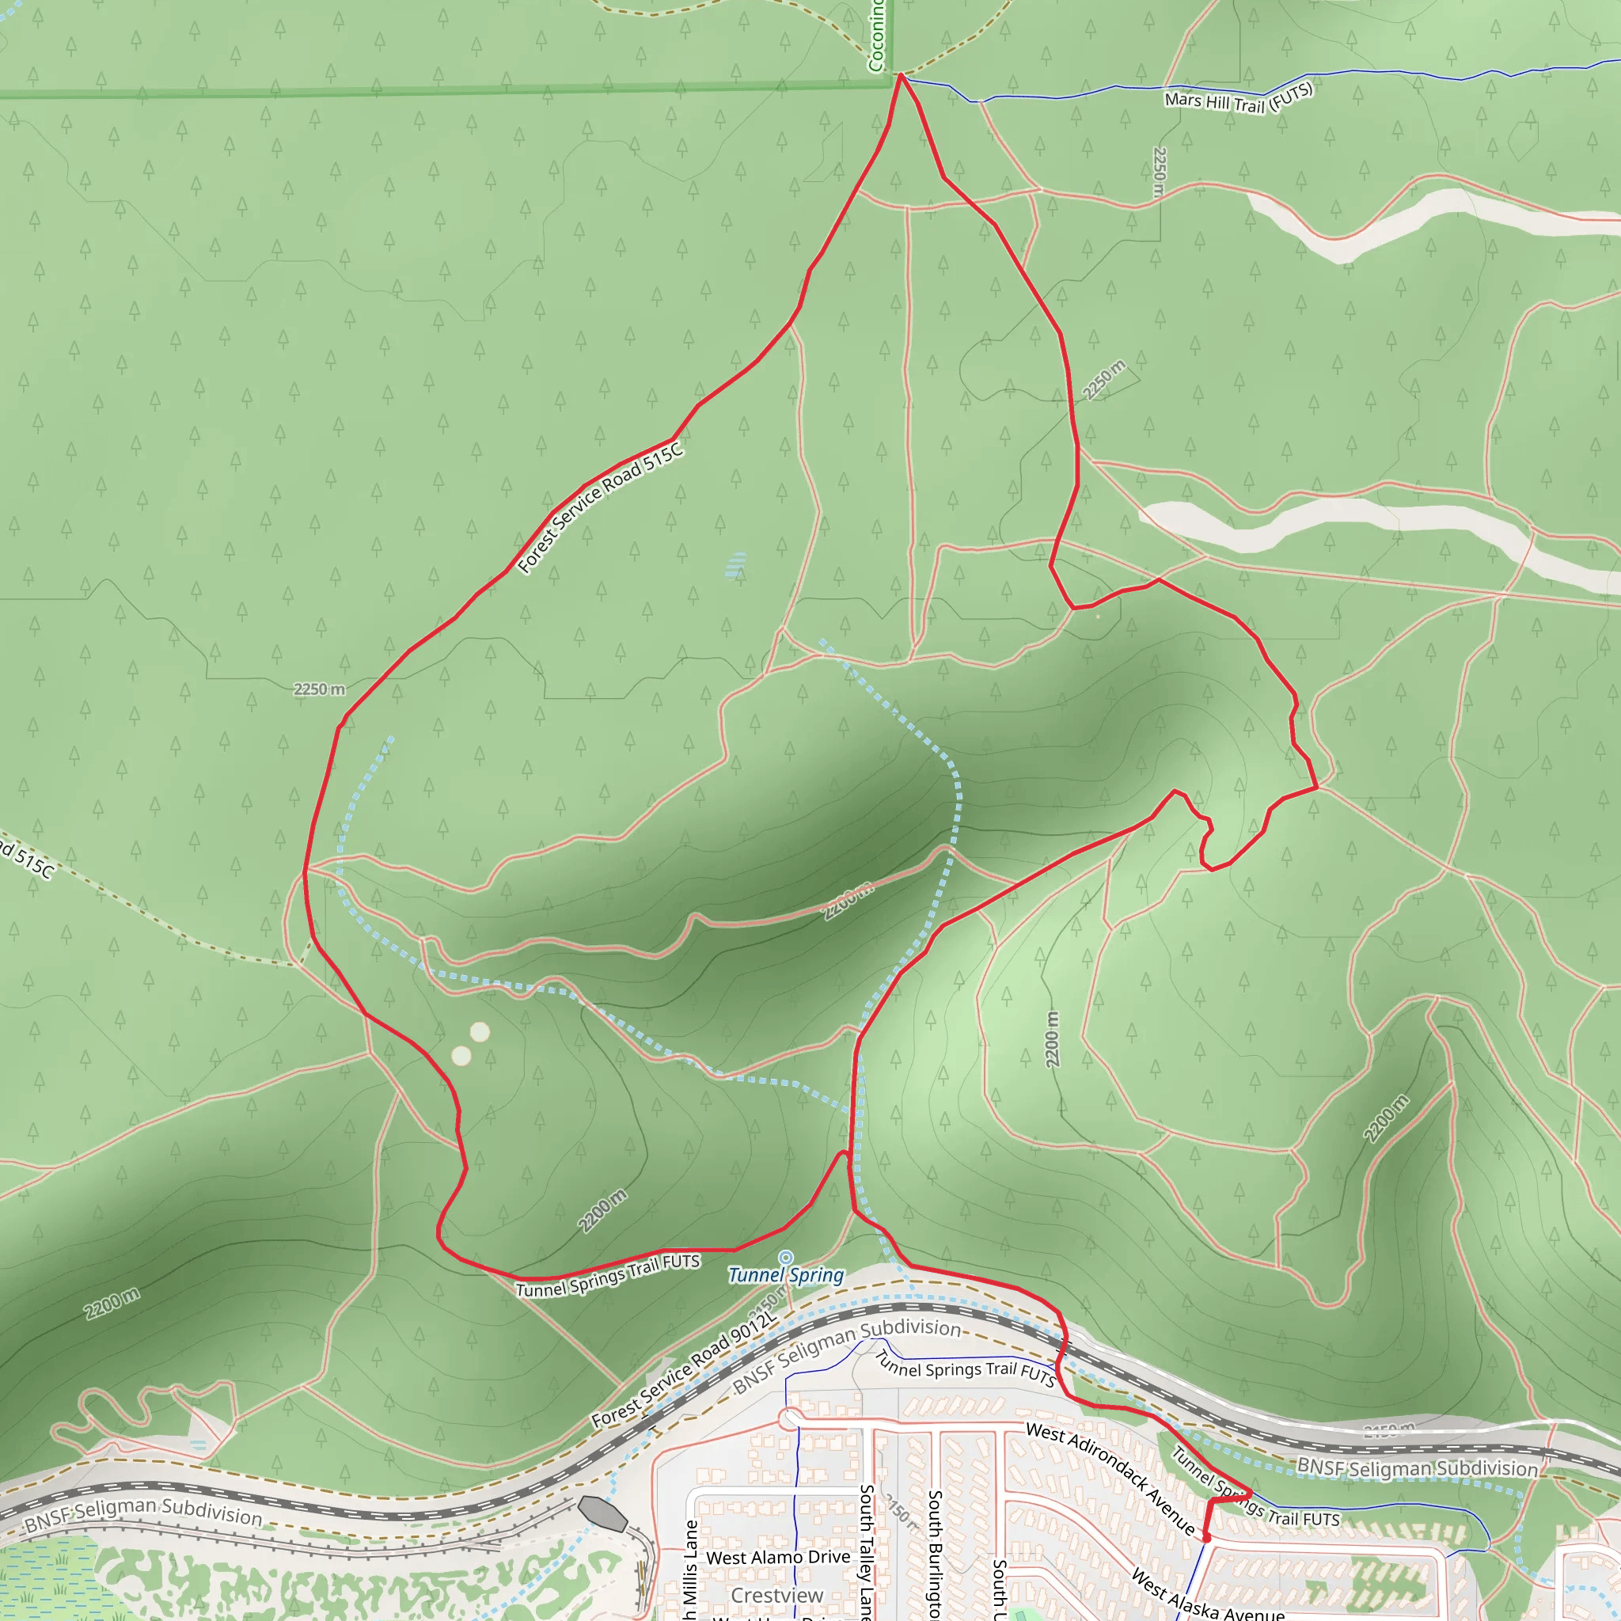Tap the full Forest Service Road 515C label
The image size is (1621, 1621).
(x=600, y=508)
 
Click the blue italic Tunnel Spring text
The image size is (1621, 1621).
(x=785, y=1275)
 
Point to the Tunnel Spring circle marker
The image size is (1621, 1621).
(x=785, y=1257)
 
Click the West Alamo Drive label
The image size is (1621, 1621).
(x=778, y=1557)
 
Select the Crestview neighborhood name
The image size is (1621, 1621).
(x=777, y=1595)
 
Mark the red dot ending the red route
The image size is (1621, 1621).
(x=1206, y=1538)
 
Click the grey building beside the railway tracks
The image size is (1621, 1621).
(x=602, y=1513)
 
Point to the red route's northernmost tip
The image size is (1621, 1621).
(x=901, y=75)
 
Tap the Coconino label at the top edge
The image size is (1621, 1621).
(x=876, y=36)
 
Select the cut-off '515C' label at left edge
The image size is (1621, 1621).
(x=27, y=857)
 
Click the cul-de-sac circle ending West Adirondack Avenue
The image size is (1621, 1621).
(x=789, y=1420)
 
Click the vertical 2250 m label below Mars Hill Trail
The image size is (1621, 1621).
(x=1159, y=172)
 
